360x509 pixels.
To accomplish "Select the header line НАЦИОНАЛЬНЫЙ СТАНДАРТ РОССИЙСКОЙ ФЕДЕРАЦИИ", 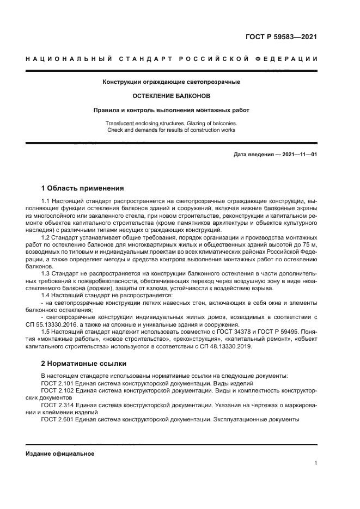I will [172, 59].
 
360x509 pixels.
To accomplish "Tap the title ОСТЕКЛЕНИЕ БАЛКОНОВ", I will [172, 96].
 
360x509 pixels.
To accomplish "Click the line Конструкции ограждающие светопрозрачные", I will [172, 82].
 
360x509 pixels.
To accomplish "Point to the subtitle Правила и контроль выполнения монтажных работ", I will [172, 110].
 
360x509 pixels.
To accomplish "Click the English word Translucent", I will [123, 124].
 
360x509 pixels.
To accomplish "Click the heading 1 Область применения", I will [82, 188].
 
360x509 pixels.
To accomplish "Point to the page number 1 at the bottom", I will [315, 463].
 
